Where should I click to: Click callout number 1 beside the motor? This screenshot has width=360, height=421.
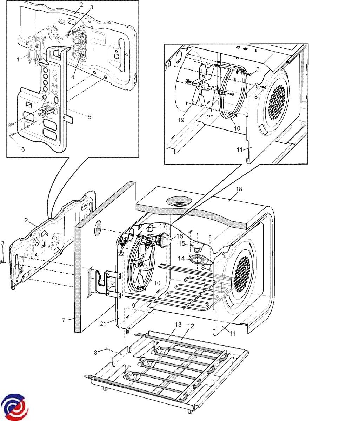click(18, 60)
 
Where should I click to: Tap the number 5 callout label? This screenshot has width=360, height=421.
click(90, 117)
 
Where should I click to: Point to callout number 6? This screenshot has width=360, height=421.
click(23, 149)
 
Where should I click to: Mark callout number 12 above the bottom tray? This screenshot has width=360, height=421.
click(191, 326)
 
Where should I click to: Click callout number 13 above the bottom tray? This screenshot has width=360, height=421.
click(178, 325)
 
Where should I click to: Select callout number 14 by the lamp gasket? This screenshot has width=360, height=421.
click(181, 258)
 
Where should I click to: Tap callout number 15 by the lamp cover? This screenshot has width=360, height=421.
click(181, 243)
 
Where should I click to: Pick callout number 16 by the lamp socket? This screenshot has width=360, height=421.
click(180, 236)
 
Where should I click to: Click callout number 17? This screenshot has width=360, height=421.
click(162, 226)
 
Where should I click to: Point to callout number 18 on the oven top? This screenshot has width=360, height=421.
click(239, 189)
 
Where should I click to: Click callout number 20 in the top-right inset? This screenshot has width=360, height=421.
click(210, 117)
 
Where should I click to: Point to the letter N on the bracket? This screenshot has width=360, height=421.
click(55, 79)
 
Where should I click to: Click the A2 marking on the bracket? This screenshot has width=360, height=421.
click(54, 92)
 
